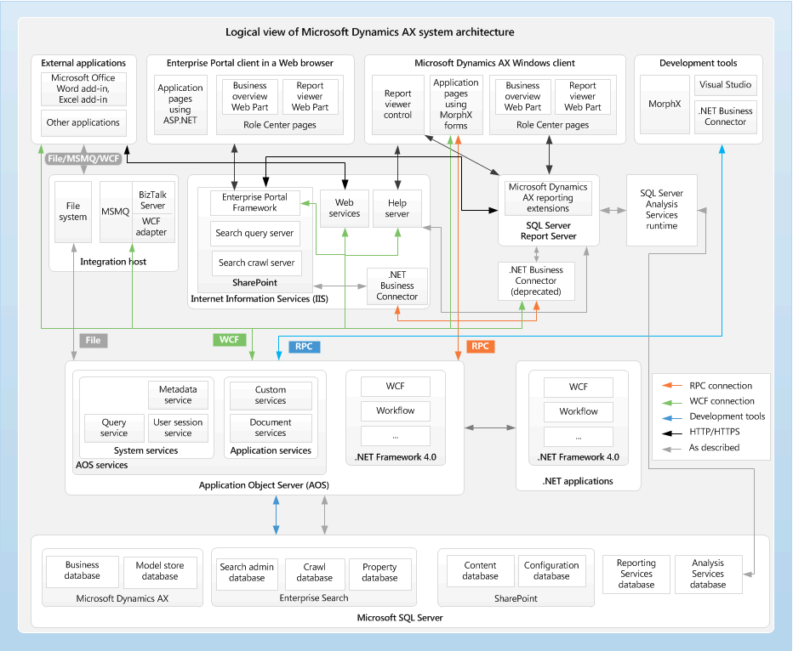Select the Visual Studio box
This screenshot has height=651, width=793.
725,85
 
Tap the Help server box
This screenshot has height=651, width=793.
397,208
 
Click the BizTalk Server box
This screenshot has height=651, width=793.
153,200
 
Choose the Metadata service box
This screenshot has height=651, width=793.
178,394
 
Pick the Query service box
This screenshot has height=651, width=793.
114,427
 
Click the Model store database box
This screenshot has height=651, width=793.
160,570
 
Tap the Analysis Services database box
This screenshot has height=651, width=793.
707,574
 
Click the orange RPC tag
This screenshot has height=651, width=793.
480,347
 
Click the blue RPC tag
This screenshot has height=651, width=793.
304,347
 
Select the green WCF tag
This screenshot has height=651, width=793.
229,340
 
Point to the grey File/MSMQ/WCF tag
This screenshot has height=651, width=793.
83,158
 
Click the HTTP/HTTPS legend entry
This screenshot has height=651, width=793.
714,432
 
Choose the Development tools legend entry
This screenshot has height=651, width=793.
726,416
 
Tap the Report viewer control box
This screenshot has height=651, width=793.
397,105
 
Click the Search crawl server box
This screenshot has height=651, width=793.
256,263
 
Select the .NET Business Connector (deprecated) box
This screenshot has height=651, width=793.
536,280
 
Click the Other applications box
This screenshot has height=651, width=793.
83,122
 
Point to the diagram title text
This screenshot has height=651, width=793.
369,32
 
